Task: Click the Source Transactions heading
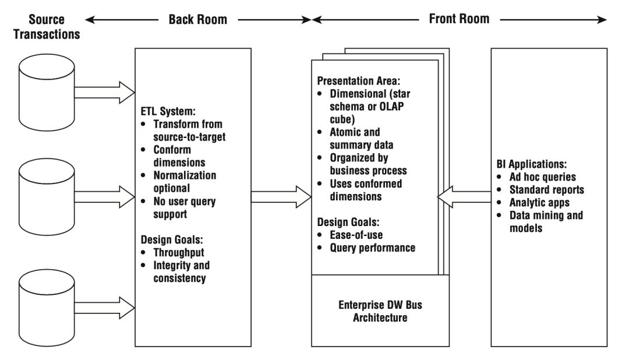(x=47, y=26)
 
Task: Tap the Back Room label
(x=198, y=19)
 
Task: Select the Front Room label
(x=459, y=19)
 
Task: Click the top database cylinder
(x=47, y=92)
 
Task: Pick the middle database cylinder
(x=47, y=197)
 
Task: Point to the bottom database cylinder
(x=47, y=308)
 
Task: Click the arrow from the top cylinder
(x=104, y=92)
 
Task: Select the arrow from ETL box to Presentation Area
(x=281, y=197)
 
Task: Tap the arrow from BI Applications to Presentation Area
(x=464, y=197)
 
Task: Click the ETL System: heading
(x=168, y=111)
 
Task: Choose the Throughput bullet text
(x=179, y=252)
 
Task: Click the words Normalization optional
(x=185, y=181)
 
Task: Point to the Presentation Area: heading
(x=359, y=80)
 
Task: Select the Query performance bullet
(x=373, y=248)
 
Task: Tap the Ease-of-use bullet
(x=356, y=235)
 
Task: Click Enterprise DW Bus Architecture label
(x=380, y=311)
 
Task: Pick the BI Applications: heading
(x=532, y=164)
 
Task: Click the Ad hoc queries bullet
(x=543, y=177)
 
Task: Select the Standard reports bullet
(x=547, y=189)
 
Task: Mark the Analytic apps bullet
(x=539, y=202)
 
